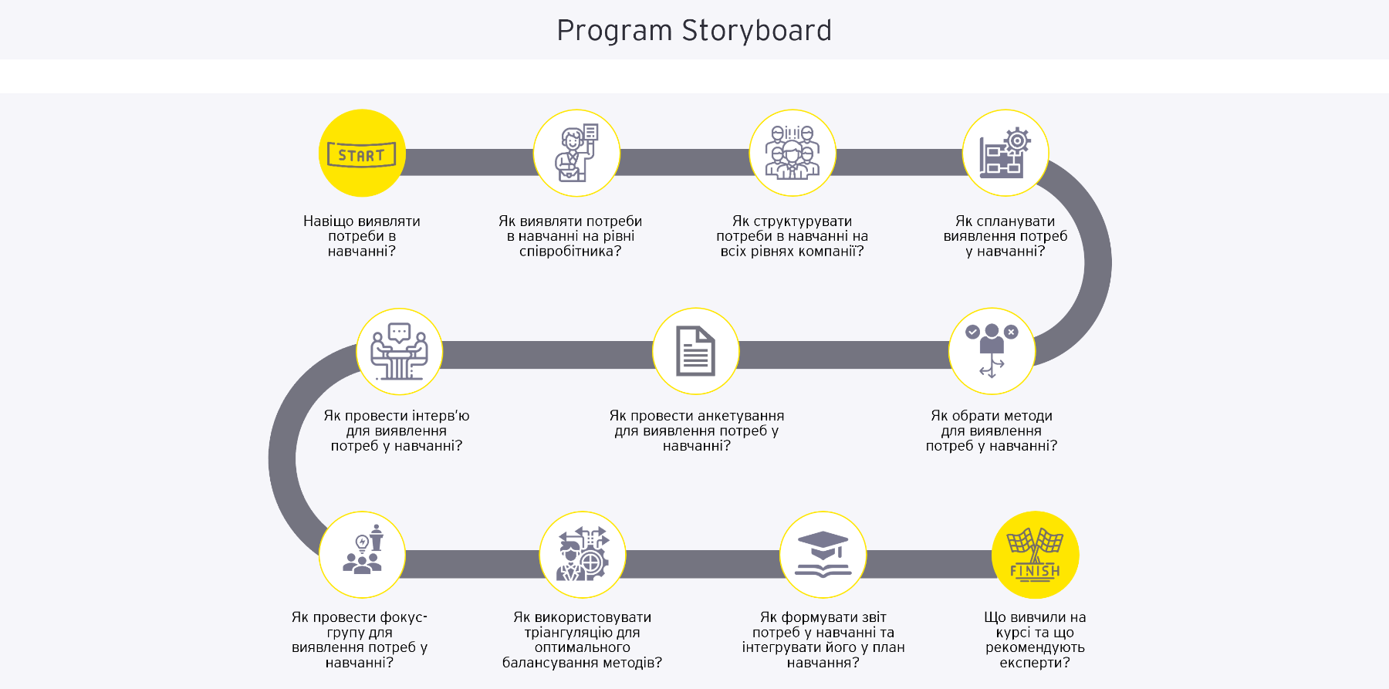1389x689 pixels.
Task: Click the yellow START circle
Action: coord(362,154)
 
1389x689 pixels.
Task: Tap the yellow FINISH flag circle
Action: coord(1035,555)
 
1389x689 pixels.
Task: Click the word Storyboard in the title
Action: coord(756,31)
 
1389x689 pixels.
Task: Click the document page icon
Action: coord(695,352)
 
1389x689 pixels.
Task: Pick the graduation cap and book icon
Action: coord(823,555)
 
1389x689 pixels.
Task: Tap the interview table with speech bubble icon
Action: coord(399,352)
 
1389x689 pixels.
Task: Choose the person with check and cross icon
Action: coord(992,352)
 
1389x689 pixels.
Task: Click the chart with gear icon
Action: coord(1005,154)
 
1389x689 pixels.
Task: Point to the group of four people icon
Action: coord(792,154)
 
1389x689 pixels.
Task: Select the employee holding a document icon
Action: coord(576,154)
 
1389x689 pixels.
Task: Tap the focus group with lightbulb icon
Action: coord(362,555)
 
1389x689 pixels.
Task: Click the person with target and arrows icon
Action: coord(583,555)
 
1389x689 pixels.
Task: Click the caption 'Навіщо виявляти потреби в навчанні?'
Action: coord(361,236)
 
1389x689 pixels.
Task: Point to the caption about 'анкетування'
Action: coord(696,431)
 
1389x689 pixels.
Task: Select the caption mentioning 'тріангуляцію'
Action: coord(582,640)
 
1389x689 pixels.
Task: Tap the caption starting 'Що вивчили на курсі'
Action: coord(1035,640)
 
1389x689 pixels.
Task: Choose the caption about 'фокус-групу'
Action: coord(359,640)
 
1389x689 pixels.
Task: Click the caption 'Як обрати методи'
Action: coord(991,431)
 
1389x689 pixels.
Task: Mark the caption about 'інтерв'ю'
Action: coord(397,431)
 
